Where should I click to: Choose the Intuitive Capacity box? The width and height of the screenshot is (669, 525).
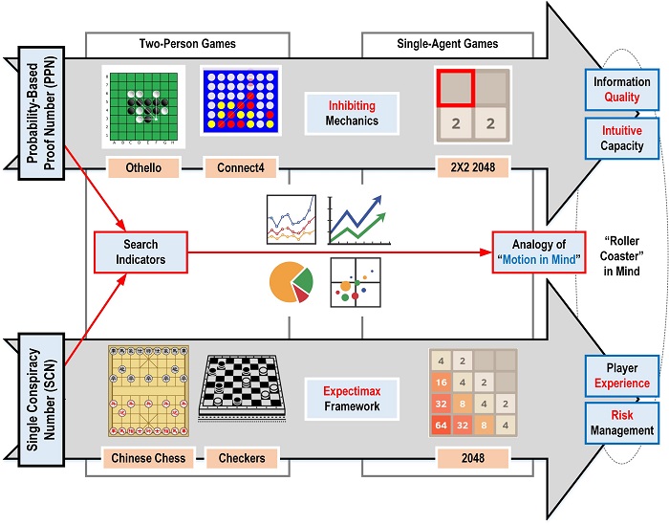(621, 139)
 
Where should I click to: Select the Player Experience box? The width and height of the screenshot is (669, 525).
(621, 375)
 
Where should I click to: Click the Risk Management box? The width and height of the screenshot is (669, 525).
(621, 424)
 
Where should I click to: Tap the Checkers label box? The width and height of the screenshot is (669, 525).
(242, 458)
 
